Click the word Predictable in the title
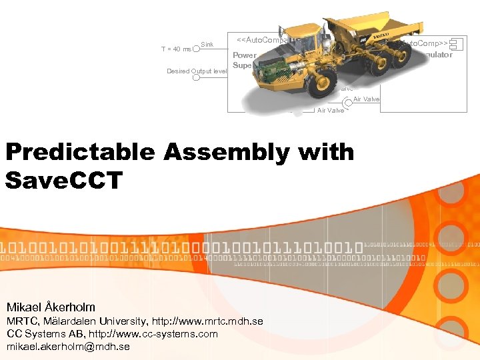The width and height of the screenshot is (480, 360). [x=80, y=153]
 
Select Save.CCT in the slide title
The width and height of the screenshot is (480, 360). [x=64, y=179]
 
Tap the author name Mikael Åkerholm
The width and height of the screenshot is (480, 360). [x=51, y=307]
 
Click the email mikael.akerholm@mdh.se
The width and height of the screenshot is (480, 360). [x=68, y=347]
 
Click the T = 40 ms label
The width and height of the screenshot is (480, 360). [x=176, y=49]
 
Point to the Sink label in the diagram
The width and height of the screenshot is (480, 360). [x=207, y=45]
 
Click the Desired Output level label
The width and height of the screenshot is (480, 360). [x=197, y=71]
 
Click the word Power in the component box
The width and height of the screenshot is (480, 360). [x=244, y=55]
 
